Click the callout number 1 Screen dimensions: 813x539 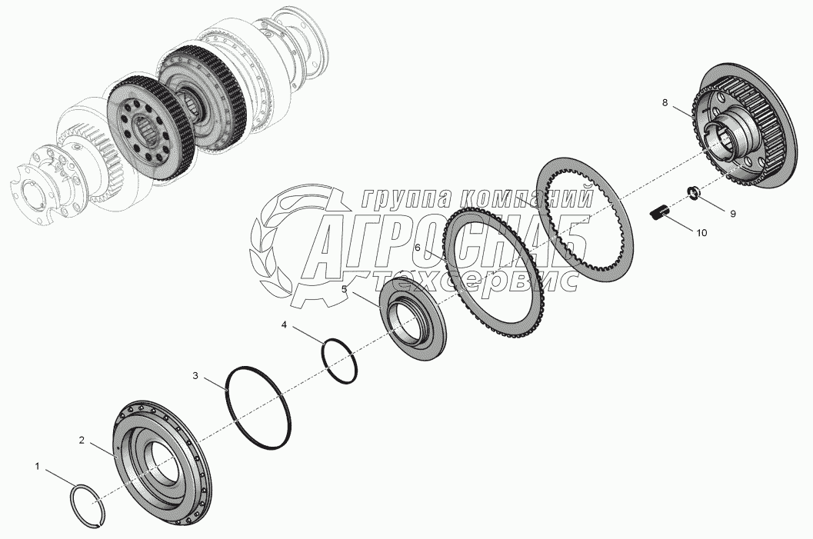click(38, 467)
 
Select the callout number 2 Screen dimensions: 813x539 click(82, 440)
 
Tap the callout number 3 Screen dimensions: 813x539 click(195, 375)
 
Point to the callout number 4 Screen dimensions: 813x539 click(284, 325)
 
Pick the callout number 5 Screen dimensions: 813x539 click(344, 288)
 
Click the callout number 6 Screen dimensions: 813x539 click(418, 248)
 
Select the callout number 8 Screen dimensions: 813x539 click(665, 102)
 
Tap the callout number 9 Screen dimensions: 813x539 click(733, 213)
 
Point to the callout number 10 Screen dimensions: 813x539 click(701, 233)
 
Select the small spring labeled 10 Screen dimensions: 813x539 click(659, 212)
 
